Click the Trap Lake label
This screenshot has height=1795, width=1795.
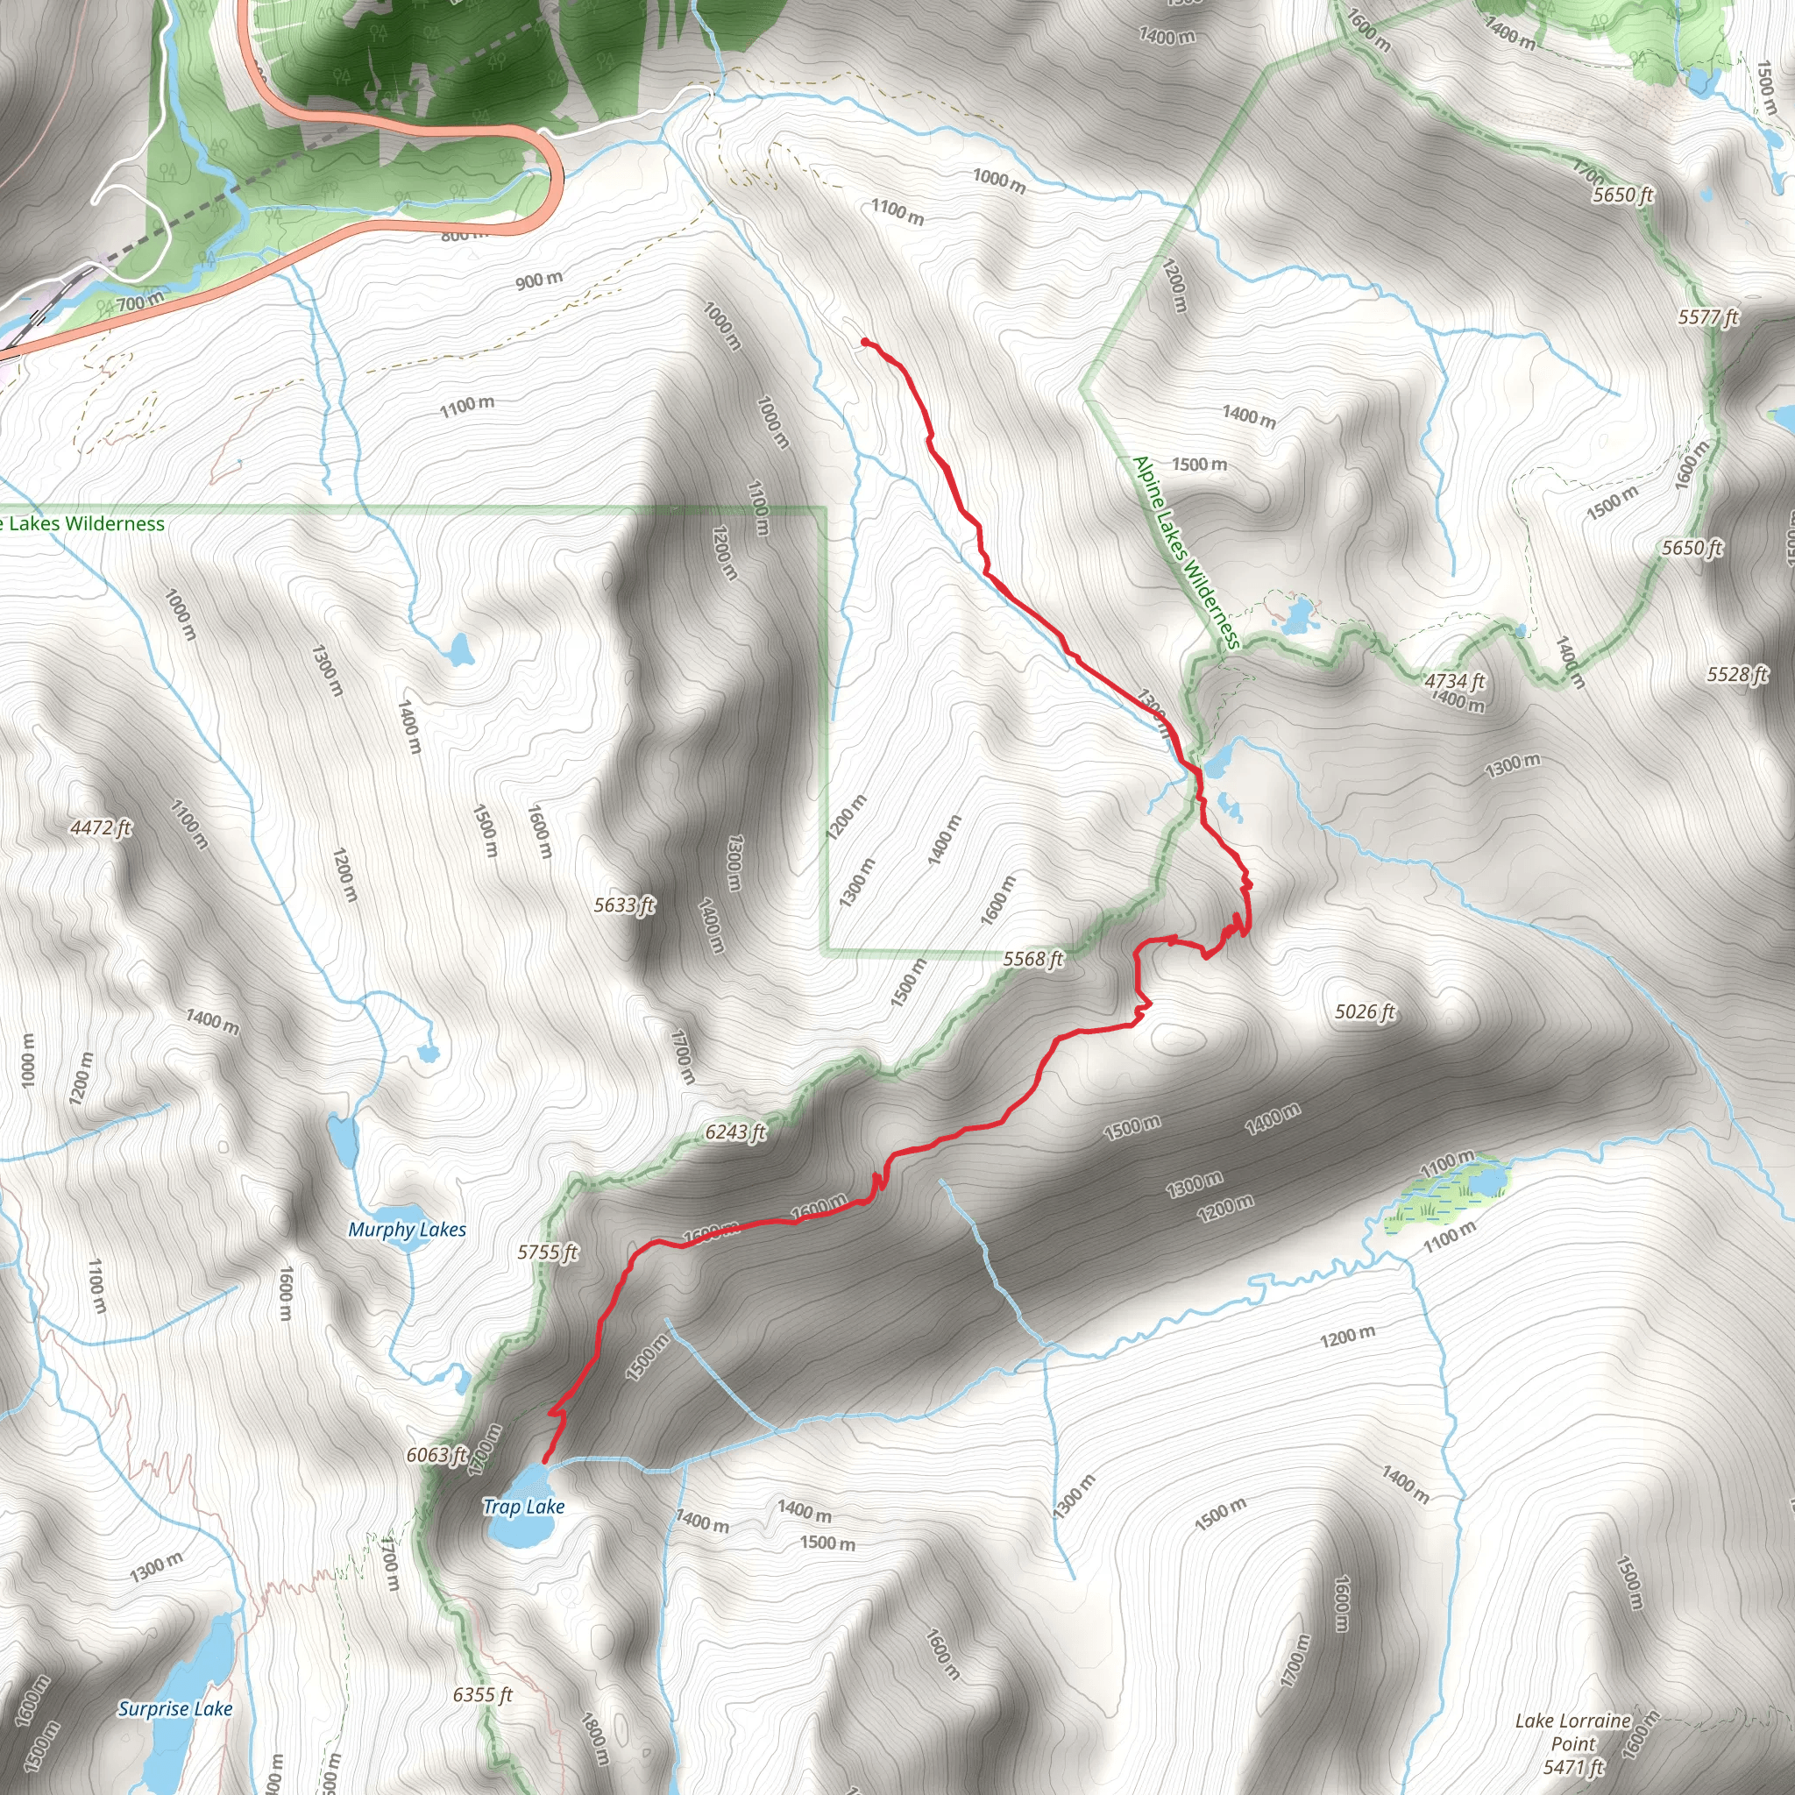523,1507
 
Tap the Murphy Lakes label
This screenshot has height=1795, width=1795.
407,1230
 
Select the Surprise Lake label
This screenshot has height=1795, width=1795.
174,1708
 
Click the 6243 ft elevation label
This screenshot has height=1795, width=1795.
734,1132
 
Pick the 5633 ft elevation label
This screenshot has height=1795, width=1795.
624,905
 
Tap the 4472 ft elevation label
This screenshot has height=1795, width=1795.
100,827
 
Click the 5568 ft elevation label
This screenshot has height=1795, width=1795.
1033,959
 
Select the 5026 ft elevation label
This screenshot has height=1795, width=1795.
1365,1011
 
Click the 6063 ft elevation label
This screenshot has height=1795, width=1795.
436,1455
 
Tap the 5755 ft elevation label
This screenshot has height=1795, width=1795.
547,1252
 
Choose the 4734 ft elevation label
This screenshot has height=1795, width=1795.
1455,681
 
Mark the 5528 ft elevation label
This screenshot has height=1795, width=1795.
1736,675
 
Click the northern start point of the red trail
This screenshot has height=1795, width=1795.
865,342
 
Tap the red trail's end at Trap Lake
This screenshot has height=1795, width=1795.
544,1461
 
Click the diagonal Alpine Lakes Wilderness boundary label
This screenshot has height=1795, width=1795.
1187,552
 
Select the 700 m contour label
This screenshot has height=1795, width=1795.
139,301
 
